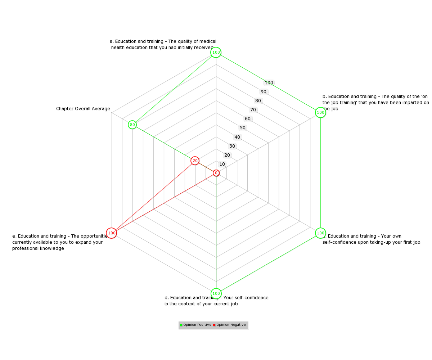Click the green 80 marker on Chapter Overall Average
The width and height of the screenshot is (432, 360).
[x=132, y=124]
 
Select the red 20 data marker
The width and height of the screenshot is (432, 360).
[x=194, y=160]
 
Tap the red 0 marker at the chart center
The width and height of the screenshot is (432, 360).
[x=216, y=172]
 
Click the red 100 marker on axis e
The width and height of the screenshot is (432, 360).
[x=111, y=233]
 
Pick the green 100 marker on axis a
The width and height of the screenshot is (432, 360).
[x=216, y=52]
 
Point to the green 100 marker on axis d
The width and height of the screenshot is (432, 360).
[x=216, y=293]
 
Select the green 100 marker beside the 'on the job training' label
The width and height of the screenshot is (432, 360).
[x=320, y=112]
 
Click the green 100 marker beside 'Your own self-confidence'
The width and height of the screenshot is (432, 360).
[x=320, y=233]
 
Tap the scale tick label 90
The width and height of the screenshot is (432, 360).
[x=263, y=91]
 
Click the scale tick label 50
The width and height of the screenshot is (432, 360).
[x=242, y=127]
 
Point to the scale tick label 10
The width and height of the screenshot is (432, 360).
[x=222, y=164]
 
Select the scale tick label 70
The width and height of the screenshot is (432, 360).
[x=253, y=109]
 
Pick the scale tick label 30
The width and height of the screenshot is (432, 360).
[x=232, y=146]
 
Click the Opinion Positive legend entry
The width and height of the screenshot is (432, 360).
[x=195, y=324]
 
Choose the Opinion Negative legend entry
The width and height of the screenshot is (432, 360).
[x=229, y=324]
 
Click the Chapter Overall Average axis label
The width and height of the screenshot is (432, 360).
[x=83, y=108]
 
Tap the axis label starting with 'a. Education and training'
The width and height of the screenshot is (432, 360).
[x=163, y=44]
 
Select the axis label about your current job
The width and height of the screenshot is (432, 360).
[x=216, y=300]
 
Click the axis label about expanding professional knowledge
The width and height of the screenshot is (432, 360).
[x=60, y=242]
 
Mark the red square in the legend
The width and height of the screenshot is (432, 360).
[x=214, y=325]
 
